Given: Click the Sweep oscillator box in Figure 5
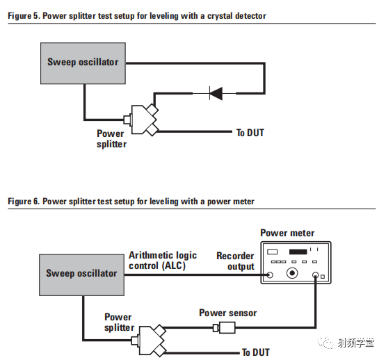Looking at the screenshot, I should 83,63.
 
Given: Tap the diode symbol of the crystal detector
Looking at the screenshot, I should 216,93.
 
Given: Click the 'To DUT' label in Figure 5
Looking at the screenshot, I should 250,133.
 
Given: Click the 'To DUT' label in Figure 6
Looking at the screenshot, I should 255,352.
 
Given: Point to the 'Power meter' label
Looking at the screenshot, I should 287,233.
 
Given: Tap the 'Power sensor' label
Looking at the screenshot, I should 227,313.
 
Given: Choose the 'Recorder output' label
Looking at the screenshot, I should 235,261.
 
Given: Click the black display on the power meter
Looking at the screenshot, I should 299,251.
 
